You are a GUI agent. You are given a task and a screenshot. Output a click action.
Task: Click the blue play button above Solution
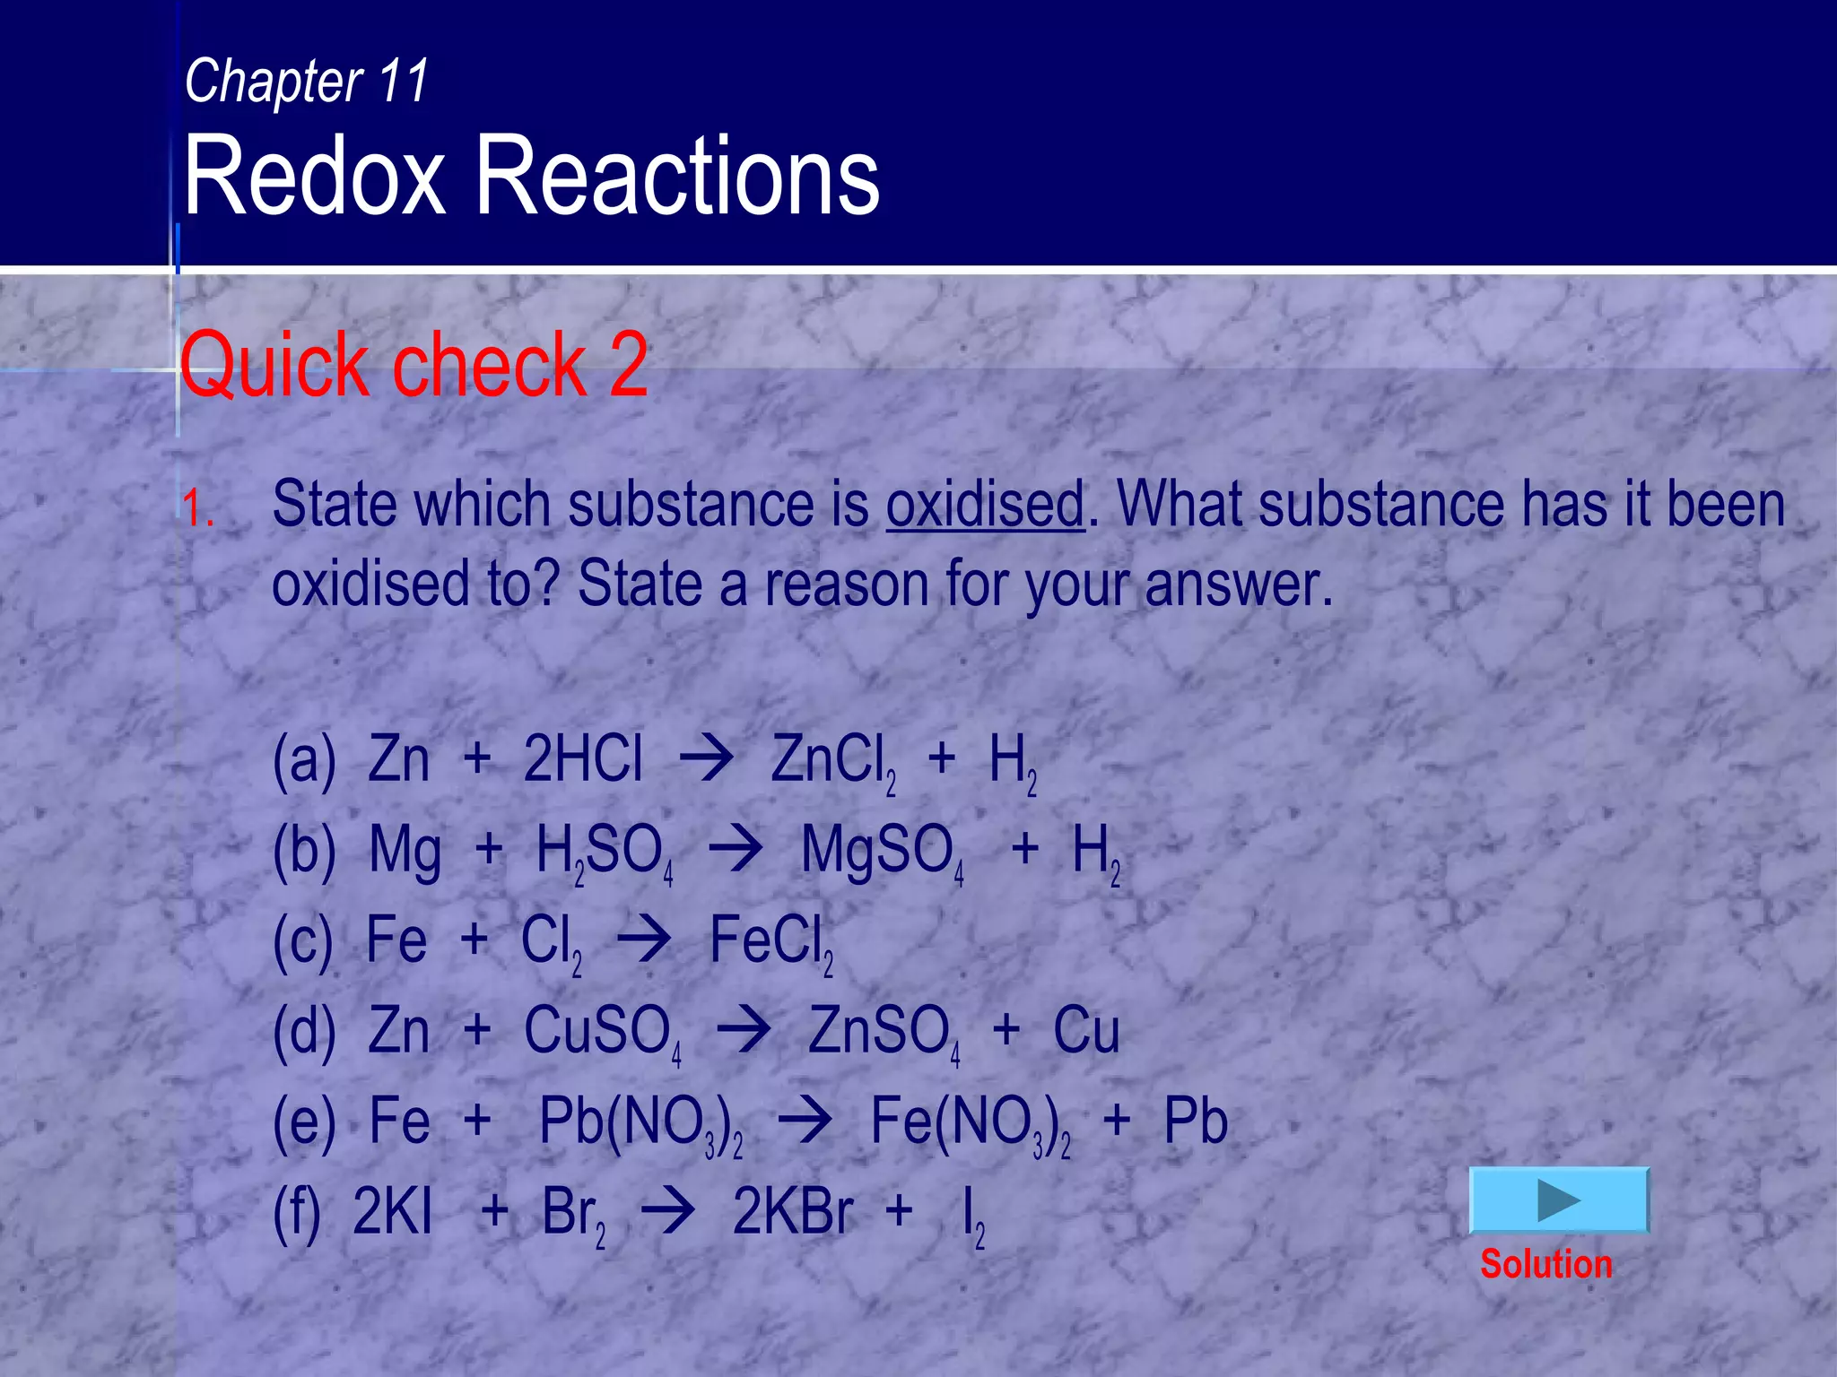(1559, 1200)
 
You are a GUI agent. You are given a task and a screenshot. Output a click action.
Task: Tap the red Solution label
(1545, 1264)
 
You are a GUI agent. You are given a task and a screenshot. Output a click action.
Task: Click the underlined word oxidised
(985, 504)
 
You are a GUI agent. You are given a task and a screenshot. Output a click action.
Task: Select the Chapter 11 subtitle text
(307, 81)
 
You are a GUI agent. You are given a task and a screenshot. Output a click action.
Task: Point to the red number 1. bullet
(198, 509)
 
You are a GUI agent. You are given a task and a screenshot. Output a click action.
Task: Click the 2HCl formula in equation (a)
(583, 759)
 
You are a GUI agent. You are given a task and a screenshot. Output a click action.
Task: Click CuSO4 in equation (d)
(601, 1032)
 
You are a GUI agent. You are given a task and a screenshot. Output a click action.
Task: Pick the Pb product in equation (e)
(1195, 1122)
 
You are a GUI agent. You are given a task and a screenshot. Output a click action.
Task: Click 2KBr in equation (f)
(793, 1212)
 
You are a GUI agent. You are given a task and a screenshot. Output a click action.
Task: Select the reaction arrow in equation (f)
(667, 1213)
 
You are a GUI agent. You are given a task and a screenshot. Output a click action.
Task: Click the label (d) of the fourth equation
(304, 1032)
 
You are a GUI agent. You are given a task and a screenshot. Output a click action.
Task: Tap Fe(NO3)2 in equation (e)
(969, 1123)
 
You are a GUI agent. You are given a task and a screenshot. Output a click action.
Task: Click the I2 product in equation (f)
(972, 1216)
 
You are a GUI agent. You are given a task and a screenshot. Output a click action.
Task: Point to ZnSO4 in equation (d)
(884, 1032)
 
